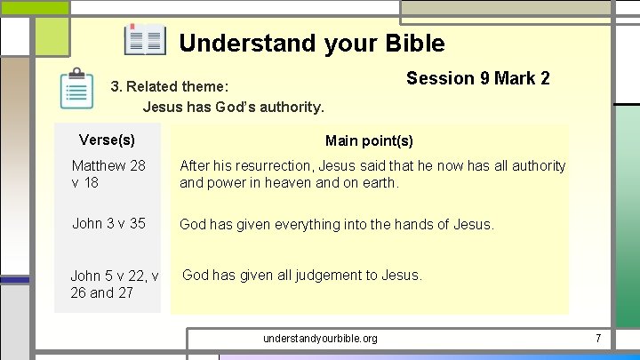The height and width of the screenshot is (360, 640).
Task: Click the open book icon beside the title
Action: coord(145,40)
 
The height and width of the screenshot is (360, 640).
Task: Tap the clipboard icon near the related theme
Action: coord(77,89)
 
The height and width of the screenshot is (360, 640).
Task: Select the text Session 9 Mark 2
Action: coord(477,78)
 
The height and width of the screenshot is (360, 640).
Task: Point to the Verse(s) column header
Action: coord(107,140)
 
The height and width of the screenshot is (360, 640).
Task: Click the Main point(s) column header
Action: coord(369,140)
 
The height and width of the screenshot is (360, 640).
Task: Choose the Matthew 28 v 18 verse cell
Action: coord(108,174)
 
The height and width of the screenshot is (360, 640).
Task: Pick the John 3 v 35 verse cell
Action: coord(108,223)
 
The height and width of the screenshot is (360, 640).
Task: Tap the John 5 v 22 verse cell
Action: coord(114,284)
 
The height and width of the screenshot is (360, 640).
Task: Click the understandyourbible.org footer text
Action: coord(320,339)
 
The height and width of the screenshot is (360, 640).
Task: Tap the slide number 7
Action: coord(598,339)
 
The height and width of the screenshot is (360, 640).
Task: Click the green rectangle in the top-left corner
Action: coord(35,7)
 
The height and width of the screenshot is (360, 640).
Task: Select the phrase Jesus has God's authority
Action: coord(234,108)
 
